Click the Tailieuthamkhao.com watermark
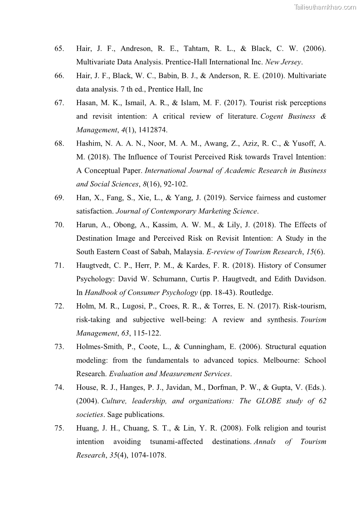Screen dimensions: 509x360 coord(325,7)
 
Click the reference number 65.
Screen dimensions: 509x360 coord(59,48)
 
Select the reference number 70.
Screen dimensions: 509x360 coord(59,225)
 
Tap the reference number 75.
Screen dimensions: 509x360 coord(59,428)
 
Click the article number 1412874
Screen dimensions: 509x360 coord(152,130)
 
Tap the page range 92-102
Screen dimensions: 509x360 coord(174,184)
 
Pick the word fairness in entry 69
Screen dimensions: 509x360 coord(269,198)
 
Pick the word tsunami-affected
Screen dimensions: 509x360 coord(176,442)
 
